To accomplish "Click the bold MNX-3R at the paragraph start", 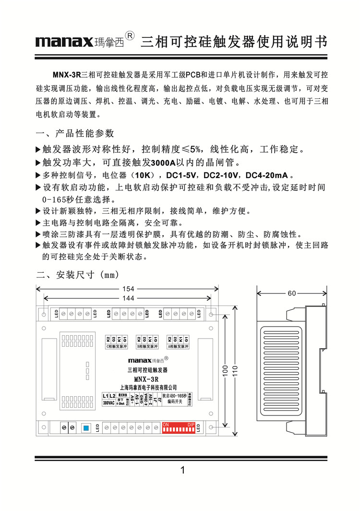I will [x=66, y=75].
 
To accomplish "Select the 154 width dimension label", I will [x=128, y=289].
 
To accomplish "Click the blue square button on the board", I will [x=86, y=428].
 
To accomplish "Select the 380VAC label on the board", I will [x=109, y=403].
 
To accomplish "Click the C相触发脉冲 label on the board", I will [x=116, y=346].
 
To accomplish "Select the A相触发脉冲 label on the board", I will [x=178, y=346].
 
